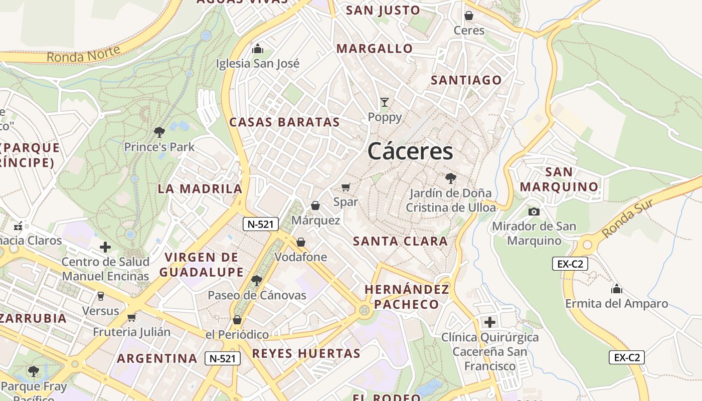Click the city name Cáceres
(410, 151)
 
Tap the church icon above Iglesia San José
(258, 49)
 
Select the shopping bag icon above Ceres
(469, 16)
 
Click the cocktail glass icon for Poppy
(385, 102)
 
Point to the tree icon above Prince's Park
(159, 132)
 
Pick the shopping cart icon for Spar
(345, 187)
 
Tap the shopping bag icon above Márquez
(315, 206)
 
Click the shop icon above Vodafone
(301, 242)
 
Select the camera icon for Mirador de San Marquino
(534, 212)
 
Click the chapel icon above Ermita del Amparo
(616, 289)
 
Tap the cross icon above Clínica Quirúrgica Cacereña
(489, 322)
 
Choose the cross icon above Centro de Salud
(105, 247)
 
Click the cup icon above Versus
(101, 296)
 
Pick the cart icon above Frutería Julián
(131, 317)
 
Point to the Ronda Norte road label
(84, 54)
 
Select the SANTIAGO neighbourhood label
(466, 80)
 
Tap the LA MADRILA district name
(200, 189)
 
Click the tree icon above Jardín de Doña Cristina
(450, 178)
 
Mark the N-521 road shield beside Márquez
(261, 224)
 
